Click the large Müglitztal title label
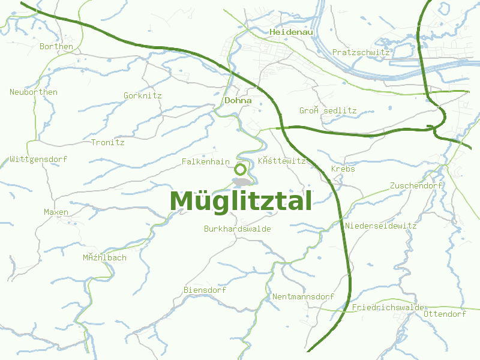click(x=241, y=201)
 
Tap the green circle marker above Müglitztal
click(x=241, y=169)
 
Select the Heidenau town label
click(x=292, y=32)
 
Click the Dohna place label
click(x=238, y=101)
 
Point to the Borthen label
click(x=56, y=46)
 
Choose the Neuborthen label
click(x=34, y=92)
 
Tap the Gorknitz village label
click(x=142, y=96)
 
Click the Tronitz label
click(x=107, y=143)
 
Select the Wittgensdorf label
click(x=38, y=160)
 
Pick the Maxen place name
click(x=56, y=212)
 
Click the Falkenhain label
click(x=206, y=162)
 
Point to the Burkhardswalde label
click(x=237, y=229)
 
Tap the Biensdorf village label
click(x=205, y=290)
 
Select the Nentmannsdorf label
click(x=302, y=297)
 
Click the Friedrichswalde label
click(x=388, y=308)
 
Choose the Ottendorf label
click(x=445, y=314)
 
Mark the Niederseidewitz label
click(x=380, y=226)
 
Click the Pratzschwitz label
click(x=361, y=53)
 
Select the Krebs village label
click(x=343, y=169)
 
